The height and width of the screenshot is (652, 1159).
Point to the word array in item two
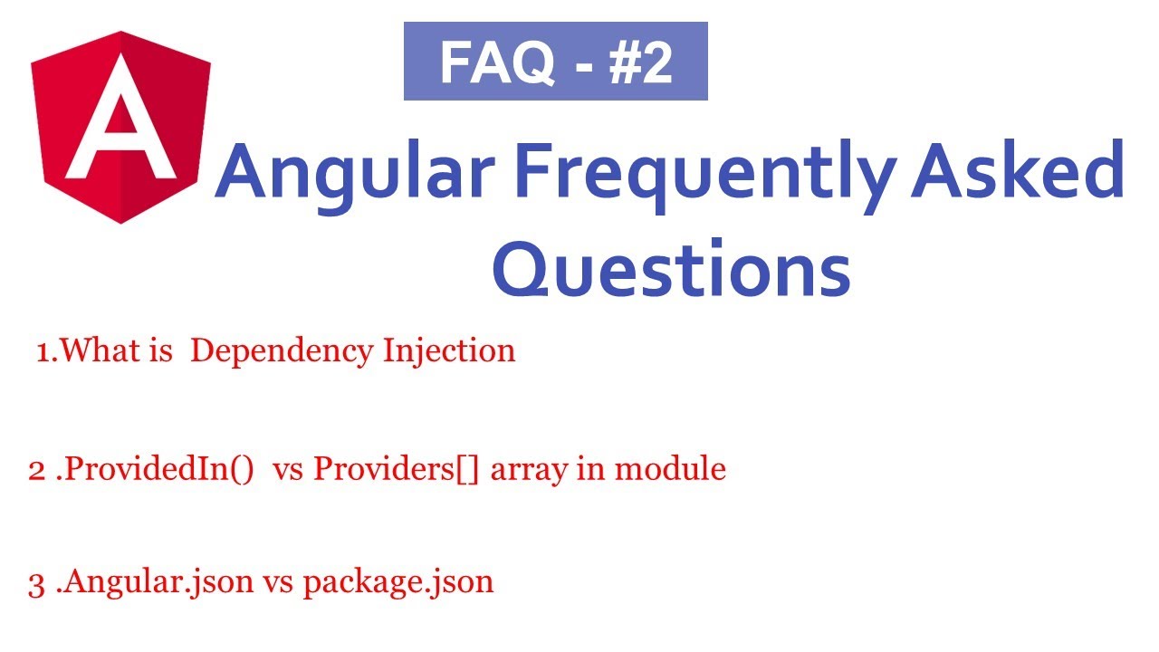519,471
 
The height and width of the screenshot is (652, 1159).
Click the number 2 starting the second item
36,470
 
